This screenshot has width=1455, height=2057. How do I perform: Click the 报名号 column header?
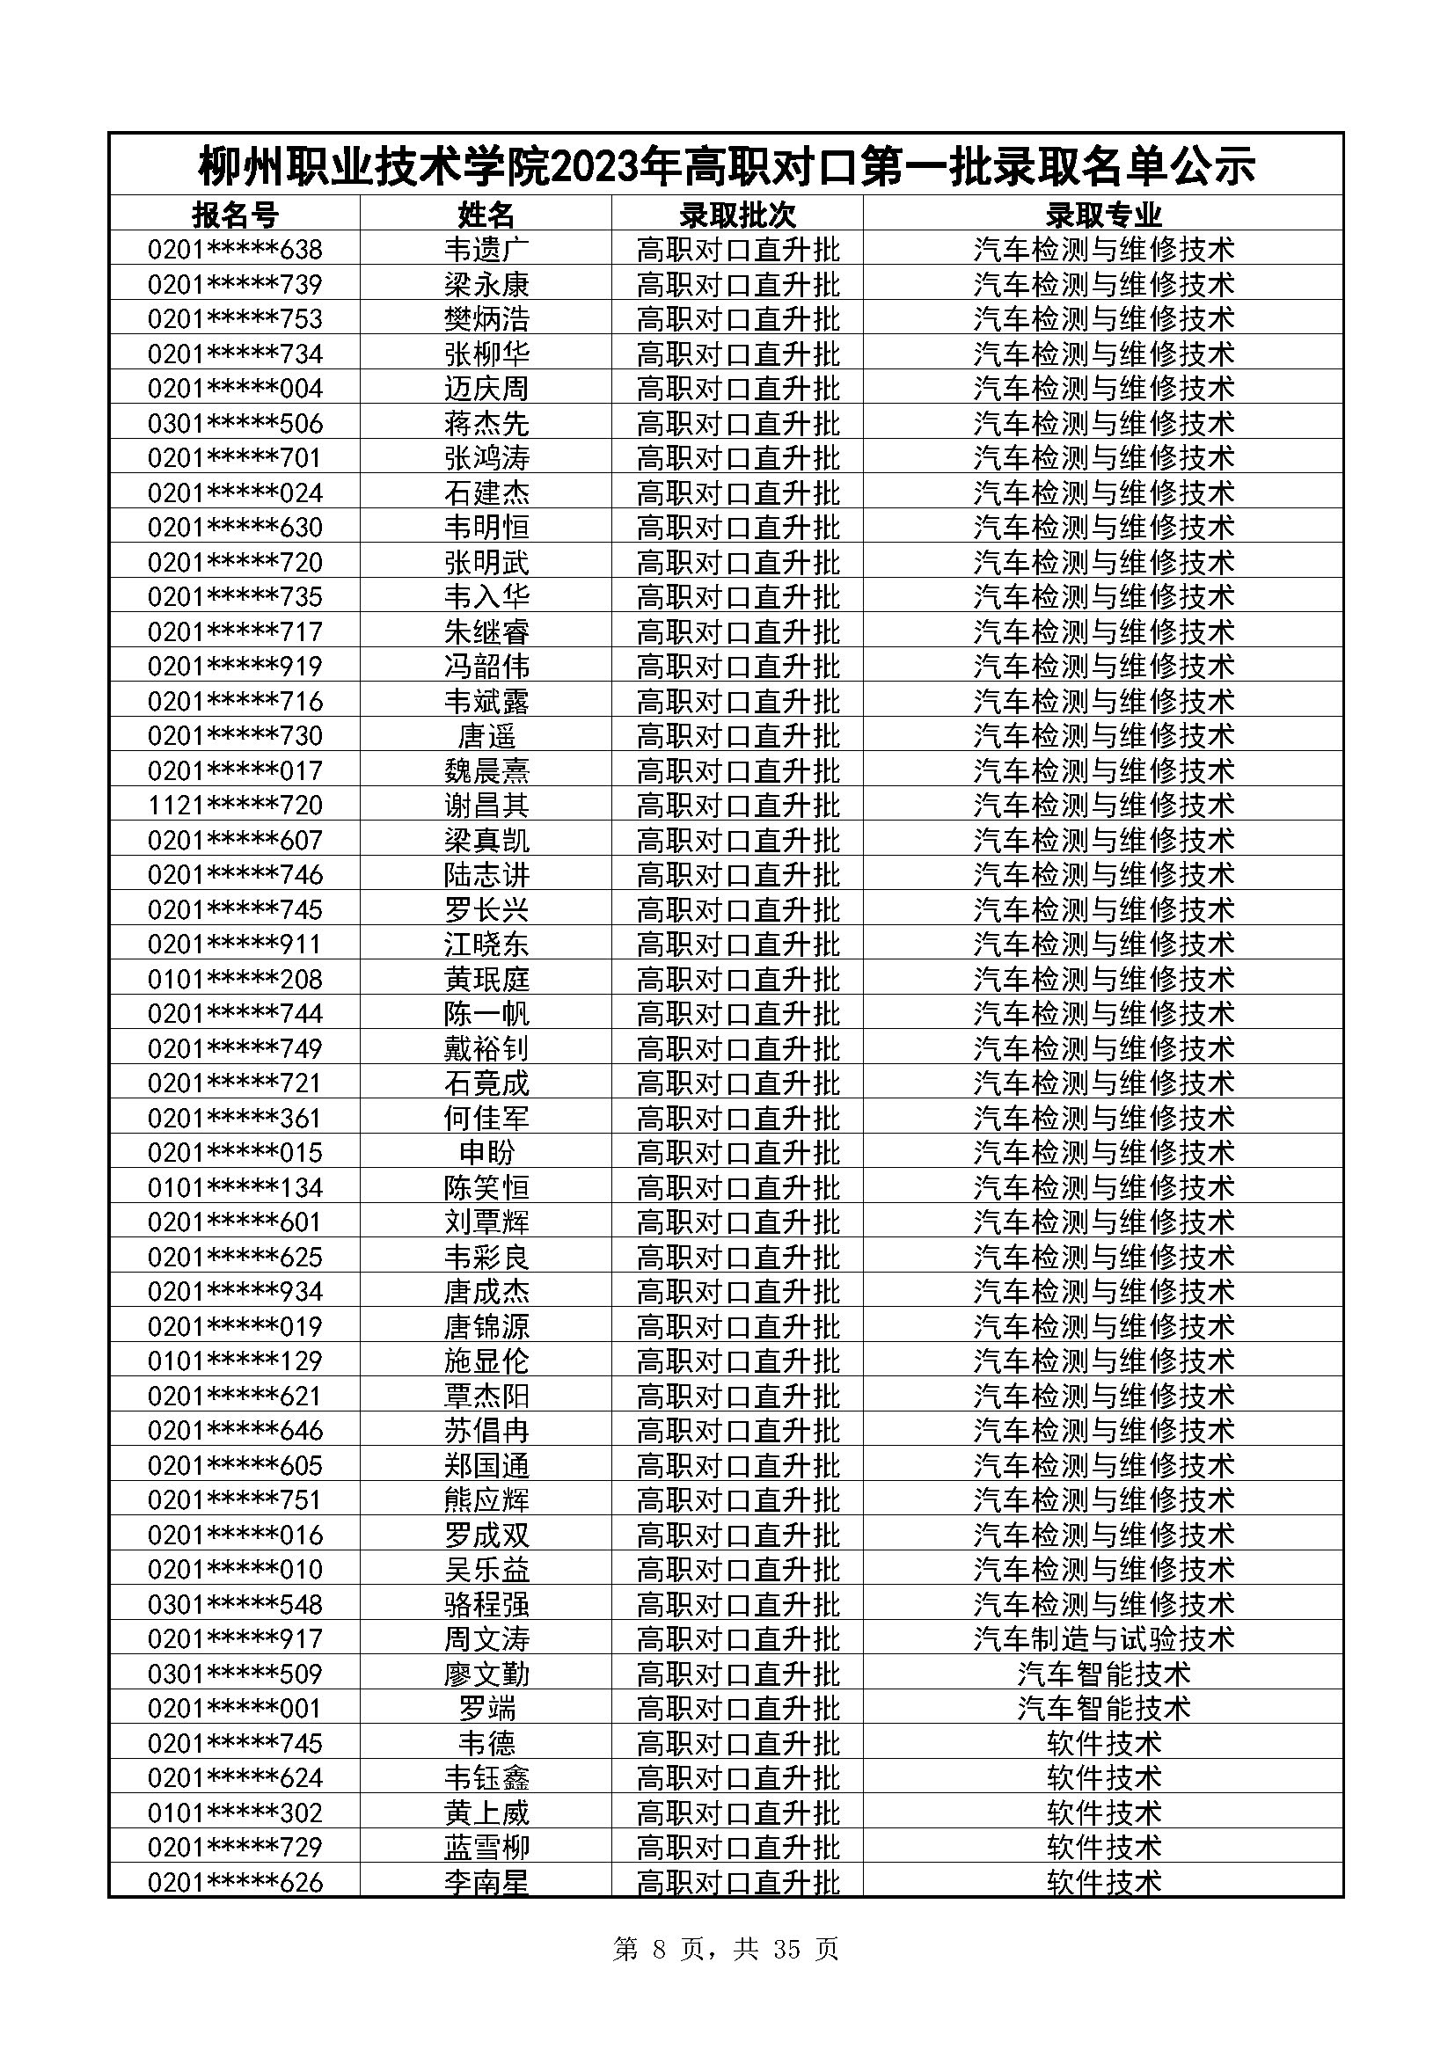235,215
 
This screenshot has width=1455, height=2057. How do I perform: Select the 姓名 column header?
486,215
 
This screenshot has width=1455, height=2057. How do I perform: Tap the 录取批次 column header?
737,215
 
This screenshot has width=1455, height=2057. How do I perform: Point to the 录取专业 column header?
1103,215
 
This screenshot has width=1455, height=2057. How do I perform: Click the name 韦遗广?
486,249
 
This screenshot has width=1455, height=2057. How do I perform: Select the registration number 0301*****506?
235,423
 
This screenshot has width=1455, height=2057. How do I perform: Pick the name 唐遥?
486,736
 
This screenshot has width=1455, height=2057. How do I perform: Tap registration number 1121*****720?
235,806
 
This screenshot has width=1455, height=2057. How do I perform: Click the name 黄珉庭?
486,979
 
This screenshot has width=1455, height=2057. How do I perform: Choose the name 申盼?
486,1153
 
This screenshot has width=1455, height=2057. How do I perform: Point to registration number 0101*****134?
235,1188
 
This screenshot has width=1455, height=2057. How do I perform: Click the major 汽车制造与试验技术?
1103,1639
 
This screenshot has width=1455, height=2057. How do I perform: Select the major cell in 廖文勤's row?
1103,1674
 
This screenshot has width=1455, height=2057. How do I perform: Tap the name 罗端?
486,1709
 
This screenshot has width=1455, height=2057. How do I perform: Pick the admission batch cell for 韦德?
737,1743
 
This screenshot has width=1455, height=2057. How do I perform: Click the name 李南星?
486,1882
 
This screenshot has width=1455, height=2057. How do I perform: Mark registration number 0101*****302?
235,1813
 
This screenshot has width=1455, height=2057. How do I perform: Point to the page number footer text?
725,1950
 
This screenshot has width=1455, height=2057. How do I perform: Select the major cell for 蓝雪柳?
1103,1848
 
